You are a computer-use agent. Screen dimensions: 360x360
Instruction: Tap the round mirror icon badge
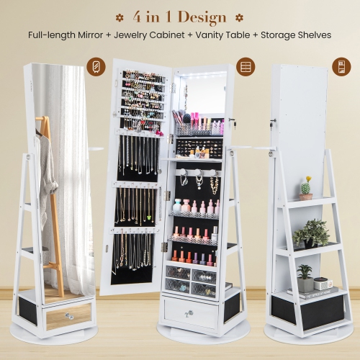coord(94,67)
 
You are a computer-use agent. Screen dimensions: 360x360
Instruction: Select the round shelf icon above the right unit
coord(341,67)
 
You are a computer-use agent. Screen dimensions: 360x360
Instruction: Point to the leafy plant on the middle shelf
coord(312,233)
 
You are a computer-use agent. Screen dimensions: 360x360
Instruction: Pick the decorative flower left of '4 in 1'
coord(117,16)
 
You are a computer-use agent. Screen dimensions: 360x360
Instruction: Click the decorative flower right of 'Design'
coord(241,16)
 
